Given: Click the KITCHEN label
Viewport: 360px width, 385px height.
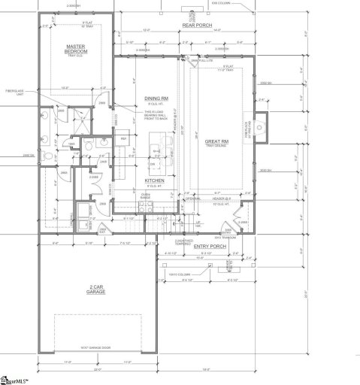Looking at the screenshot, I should pos(155,181).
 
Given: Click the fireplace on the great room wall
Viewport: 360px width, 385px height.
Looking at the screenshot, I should pos(259,125).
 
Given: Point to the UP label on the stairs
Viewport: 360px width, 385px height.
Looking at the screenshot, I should pos(177,223).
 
